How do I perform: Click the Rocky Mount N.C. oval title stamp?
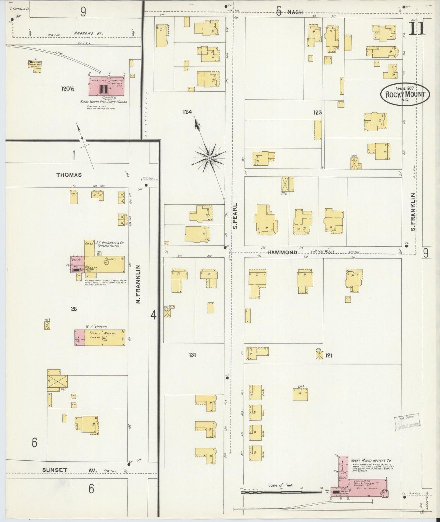(405, 94)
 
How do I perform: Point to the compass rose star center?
(209, 158)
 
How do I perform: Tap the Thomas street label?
(69, 175)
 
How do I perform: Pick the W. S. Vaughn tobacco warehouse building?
(100, 337)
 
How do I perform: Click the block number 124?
(188, 112)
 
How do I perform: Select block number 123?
(318, 112)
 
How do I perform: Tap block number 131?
(192, 354)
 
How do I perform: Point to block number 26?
(74, 309)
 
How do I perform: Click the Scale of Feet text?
(280, 485)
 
